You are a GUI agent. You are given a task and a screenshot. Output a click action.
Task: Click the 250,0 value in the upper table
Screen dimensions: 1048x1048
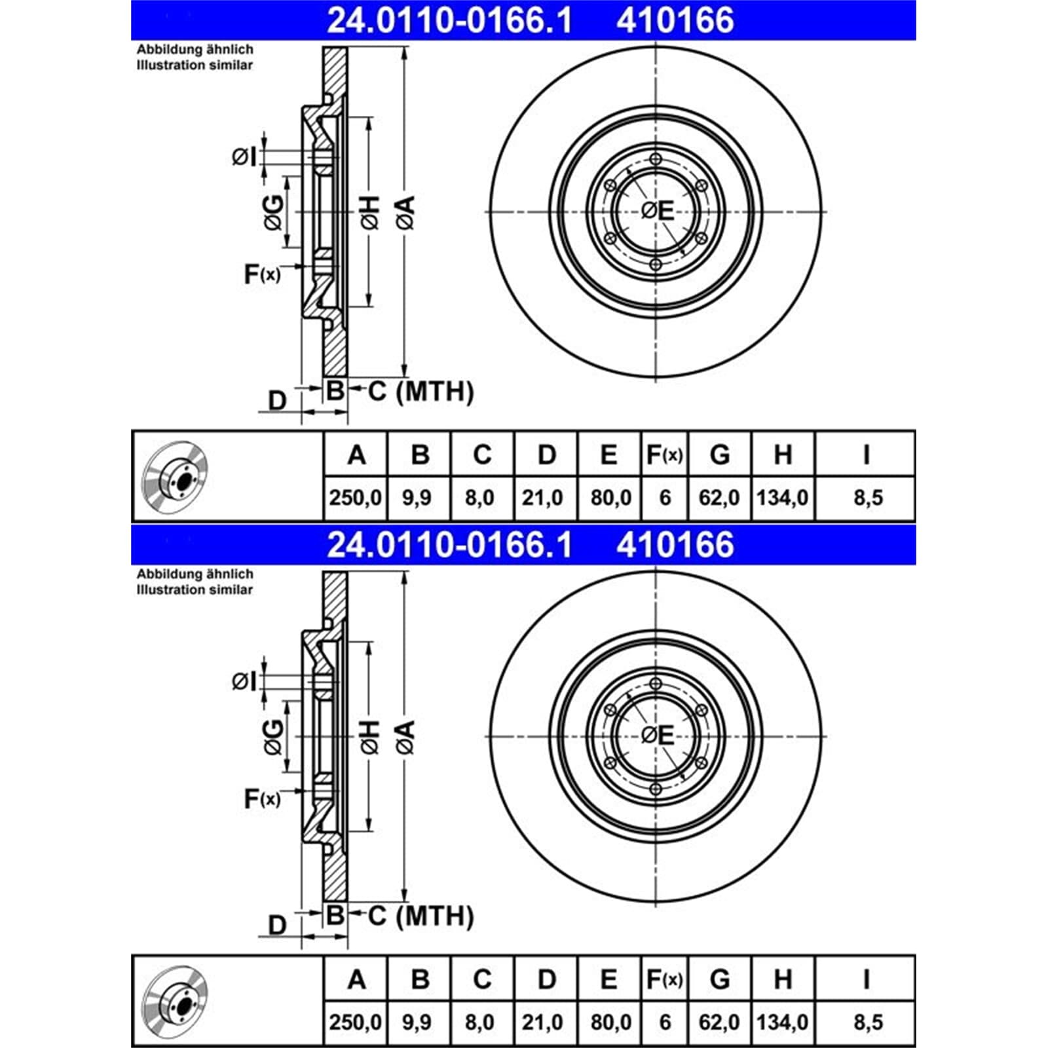coord(356,498)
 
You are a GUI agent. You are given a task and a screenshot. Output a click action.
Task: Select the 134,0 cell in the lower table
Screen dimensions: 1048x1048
coord(783,1022)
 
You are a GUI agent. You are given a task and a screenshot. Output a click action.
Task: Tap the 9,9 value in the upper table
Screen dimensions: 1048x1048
coord(417,498)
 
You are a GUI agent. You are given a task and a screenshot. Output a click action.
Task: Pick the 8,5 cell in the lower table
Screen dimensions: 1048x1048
coord(868,1022)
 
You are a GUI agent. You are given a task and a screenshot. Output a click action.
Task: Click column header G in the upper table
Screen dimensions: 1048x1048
coord(720,454)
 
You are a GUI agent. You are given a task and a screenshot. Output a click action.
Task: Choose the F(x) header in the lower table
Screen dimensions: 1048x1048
coord(664,979)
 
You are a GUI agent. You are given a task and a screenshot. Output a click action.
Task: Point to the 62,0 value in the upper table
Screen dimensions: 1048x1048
coord(719,498)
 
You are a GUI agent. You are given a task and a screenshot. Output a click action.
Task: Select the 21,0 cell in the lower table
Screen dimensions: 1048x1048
coord(542,1022)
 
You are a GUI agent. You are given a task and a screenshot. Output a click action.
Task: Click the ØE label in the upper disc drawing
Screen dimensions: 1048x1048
coord(657,211)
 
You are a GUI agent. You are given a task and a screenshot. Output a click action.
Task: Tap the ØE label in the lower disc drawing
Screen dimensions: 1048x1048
coord(657,736)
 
